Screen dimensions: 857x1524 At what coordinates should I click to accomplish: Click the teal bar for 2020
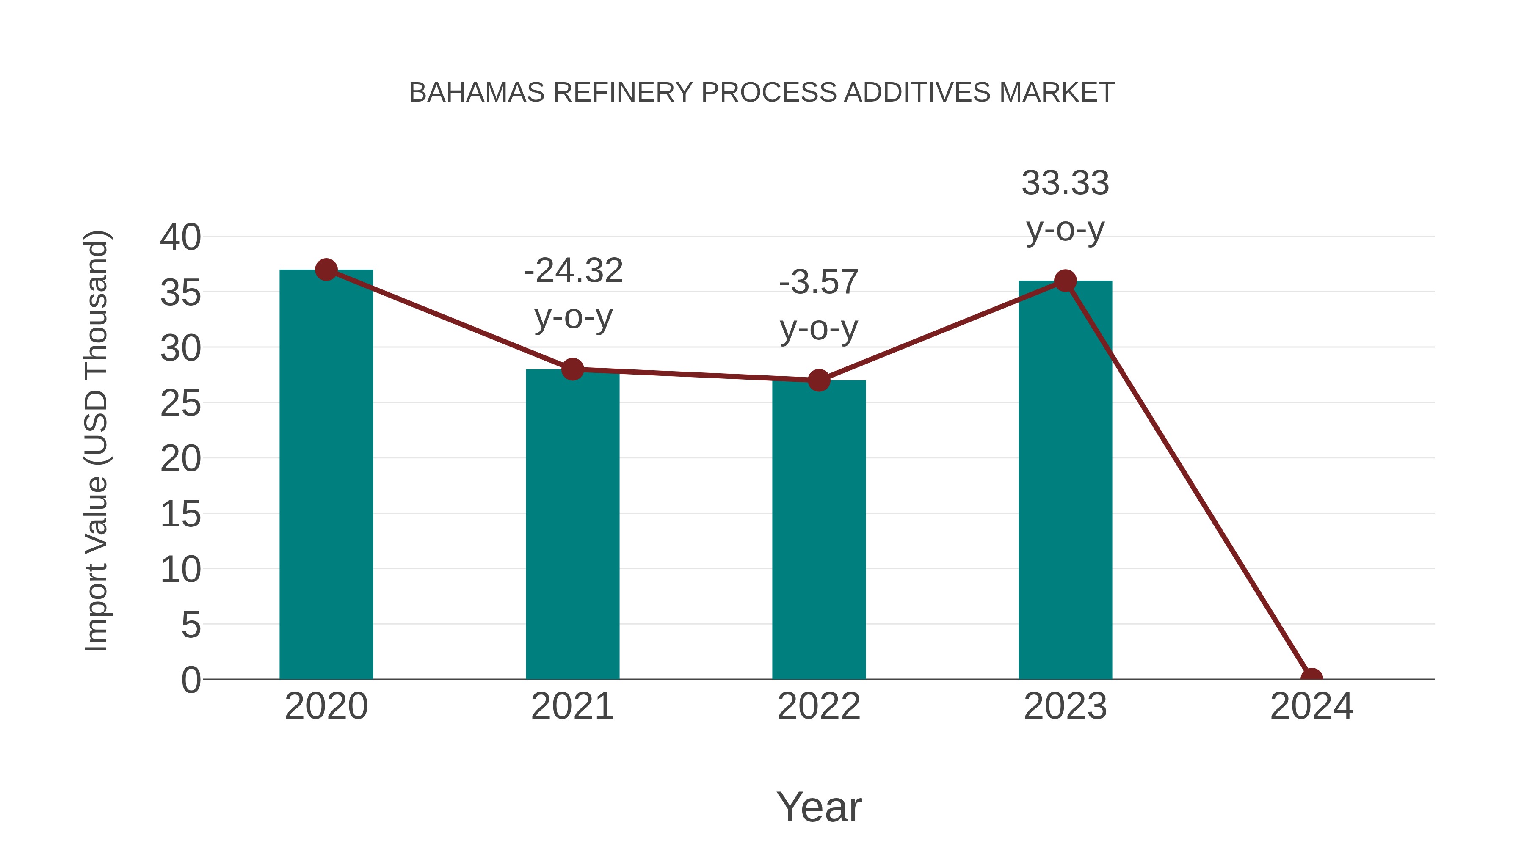click(x=326, y=474)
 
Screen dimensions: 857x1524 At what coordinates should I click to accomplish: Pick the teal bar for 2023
click(x=1065, y=479)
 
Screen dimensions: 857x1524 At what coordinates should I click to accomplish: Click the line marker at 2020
click(x=326, y=270)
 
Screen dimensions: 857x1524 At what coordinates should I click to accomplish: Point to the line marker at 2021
click(x=572, y=369)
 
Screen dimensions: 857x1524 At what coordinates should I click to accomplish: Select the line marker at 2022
click(x=819, y=380)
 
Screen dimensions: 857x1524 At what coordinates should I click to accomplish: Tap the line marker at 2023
click(x=1065, y=281)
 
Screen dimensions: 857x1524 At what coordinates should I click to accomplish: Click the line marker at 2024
click(x=1311, y=678)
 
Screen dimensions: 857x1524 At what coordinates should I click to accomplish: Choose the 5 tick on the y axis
click(x=190, y=625)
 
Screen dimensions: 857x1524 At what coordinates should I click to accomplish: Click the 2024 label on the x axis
click(x=1311, y=706)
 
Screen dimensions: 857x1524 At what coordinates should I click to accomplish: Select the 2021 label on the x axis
click(x=572, y=706)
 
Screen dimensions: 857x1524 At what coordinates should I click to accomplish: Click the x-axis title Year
click(x=819, y=807)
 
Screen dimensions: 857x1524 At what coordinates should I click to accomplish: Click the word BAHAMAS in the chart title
click(x=476, y=93)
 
